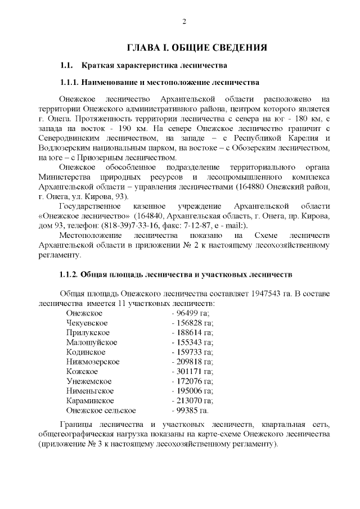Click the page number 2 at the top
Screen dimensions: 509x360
[x=184, y=22]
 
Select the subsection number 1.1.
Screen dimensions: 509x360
[x=67, y=65]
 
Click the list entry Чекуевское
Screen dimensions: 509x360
[x=87, y=323]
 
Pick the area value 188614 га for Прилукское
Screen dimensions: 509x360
[x=192, y=332]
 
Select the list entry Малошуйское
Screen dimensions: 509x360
[x=91, y=342]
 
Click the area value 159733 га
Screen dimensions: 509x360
[x=192, y=352]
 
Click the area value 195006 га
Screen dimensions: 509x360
[x=192, y=391]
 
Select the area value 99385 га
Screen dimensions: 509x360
[x=190, y=411]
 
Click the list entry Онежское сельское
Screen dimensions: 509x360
[x=101, y=411]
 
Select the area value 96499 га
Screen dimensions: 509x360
[x=190, y=313]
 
